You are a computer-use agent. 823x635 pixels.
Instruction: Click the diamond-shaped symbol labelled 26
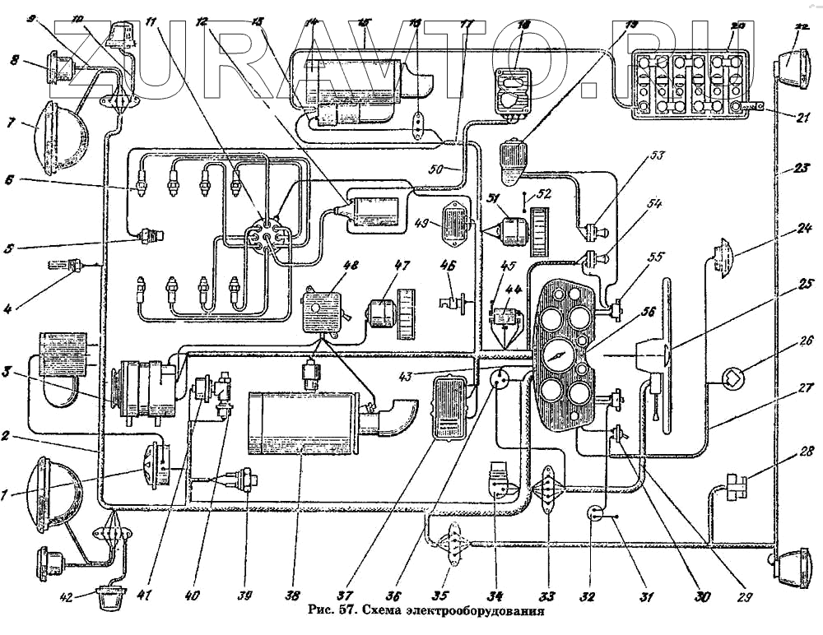[732, 378]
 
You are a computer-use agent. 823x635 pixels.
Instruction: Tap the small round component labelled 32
[593, 515]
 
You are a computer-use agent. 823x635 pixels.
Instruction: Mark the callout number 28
[806, 451]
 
